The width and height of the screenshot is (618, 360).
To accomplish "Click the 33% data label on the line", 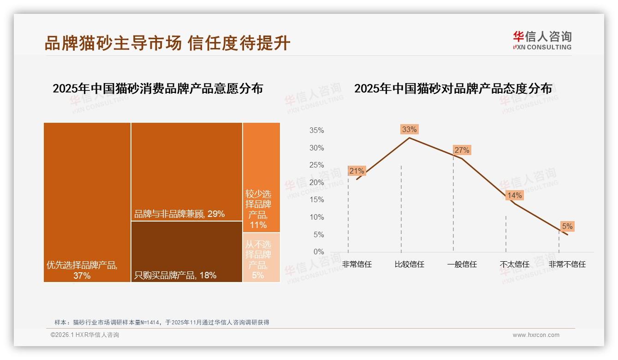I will [x=409, y=129].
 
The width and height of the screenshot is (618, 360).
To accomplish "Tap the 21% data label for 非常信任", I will [x=357, y=171].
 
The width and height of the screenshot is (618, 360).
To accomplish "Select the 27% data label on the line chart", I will [x=462, y=150].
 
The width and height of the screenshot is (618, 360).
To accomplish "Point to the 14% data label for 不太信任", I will [x=514, y=195].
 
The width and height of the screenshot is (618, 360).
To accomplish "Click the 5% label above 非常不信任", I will [x=567, y=226].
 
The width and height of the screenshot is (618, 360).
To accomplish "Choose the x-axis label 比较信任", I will [x=409, y=264].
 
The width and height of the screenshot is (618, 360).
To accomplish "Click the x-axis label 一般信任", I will [x=462, y=264].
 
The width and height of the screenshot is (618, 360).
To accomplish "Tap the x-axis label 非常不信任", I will [x=567, y=264].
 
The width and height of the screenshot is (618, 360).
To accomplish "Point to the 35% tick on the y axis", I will [x=316, y=131].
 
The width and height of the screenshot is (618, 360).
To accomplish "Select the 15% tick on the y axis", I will [x=316, y=200].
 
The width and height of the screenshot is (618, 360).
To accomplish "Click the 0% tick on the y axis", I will [x=318, y=252].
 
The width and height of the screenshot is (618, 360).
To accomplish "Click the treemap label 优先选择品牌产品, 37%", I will [x=82, y=270].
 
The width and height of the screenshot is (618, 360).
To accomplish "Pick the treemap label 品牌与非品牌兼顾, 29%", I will [x=179, y=214].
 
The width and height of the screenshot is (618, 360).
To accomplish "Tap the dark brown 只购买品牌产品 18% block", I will [x=186, y=252].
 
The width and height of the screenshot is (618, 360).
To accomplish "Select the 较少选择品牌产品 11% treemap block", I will [x=261, y=178].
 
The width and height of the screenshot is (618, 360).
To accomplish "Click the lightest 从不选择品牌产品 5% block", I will [x=261, y=257].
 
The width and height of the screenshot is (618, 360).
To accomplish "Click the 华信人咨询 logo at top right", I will [x=542, y=40].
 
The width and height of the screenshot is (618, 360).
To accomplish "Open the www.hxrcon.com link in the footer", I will [x=536, y=335].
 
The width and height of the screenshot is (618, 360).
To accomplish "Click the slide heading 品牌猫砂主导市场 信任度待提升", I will [x=167, y=43].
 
